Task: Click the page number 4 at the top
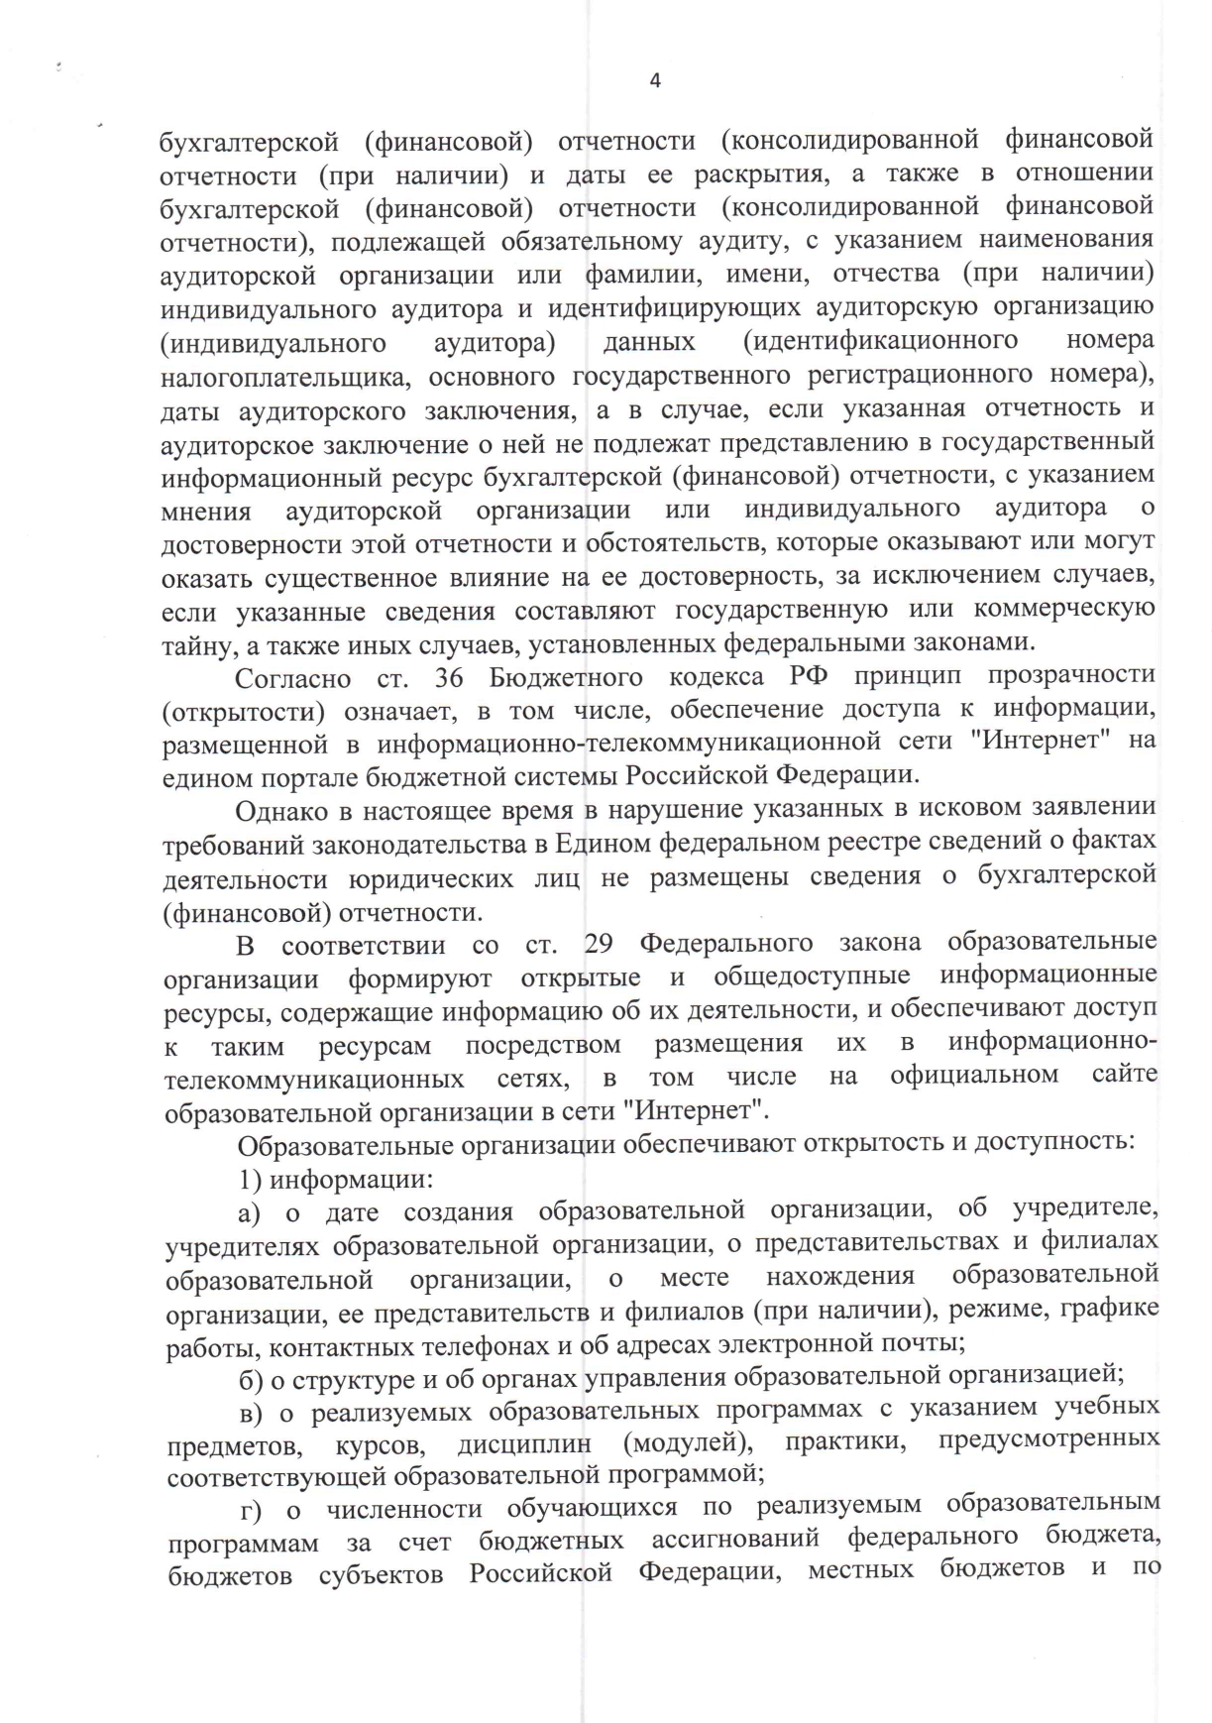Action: pos(654,81)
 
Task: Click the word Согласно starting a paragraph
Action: pos(292,679)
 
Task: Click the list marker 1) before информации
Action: pos(249,1180)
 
